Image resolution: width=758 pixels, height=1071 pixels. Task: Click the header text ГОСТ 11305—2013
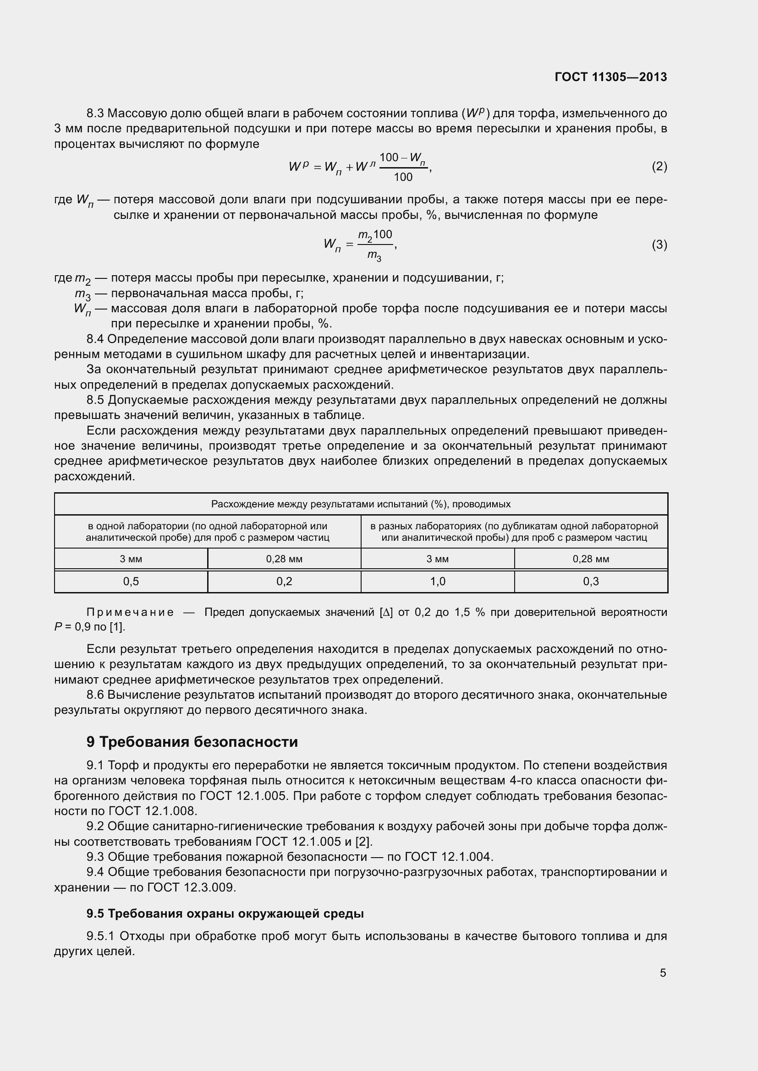coord(610,77)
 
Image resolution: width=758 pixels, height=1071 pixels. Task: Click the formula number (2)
coord(659,167)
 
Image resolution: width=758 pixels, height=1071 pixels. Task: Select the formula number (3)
coord(659,245)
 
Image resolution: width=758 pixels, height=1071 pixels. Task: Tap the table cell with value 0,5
coord(131,581)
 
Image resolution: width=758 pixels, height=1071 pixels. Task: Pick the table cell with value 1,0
coord(437,581)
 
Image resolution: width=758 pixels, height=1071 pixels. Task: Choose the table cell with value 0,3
coord(590,581)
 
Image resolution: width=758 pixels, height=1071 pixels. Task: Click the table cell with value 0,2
coord(284,581)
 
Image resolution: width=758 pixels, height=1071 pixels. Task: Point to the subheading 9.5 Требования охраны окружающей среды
coord(225,913)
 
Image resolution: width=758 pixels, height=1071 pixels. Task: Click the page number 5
coord(663,973)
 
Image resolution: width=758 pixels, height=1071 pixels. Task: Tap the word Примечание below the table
coord(130,612)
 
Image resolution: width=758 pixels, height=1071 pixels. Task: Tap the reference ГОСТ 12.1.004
coord(448,856)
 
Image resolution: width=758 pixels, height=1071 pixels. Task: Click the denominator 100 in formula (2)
coord(403,177)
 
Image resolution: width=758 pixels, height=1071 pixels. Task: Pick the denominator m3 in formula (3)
coord(374,256)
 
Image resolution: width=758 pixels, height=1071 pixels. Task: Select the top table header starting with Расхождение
coord(361,504)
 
